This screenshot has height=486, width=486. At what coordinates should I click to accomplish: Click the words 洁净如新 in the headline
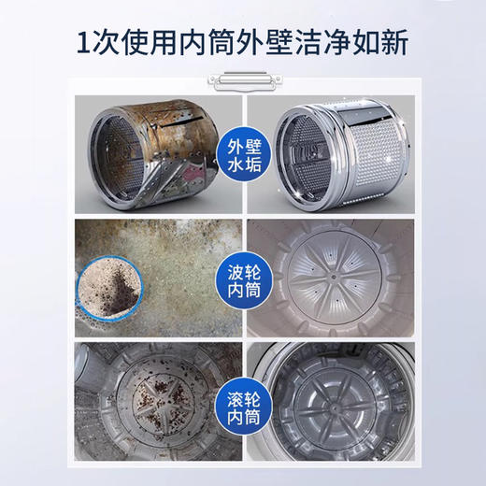[x=360, y=43]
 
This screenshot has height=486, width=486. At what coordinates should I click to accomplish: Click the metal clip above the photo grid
[x=243, y=83]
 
